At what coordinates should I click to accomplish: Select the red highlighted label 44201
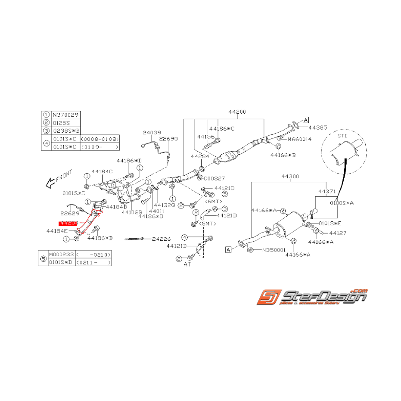click(69, 223)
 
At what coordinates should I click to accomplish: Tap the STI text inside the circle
click(342, 137)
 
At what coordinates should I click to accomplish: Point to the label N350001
click(272, 249)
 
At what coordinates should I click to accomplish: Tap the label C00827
click(214, 177)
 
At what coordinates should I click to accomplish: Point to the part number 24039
click(152, 133)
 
